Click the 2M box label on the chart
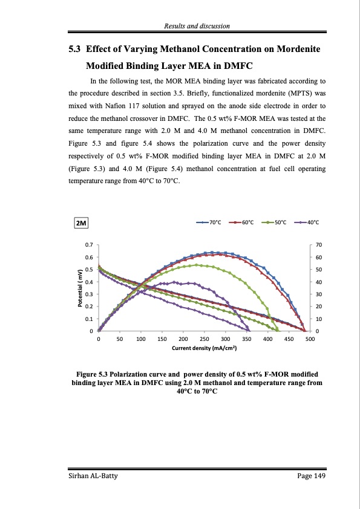point(80,224)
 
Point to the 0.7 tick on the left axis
point(89,245)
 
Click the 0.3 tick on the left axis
point(89,294)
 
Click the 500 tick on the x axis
point(310,340)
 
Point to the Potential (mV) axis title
point(79,288)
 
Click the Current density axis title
point(204,349)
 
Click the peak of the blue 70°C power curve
point(213,252)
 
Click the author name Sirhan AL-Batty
point(92,477)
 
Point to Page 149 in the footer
point(312,477)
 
